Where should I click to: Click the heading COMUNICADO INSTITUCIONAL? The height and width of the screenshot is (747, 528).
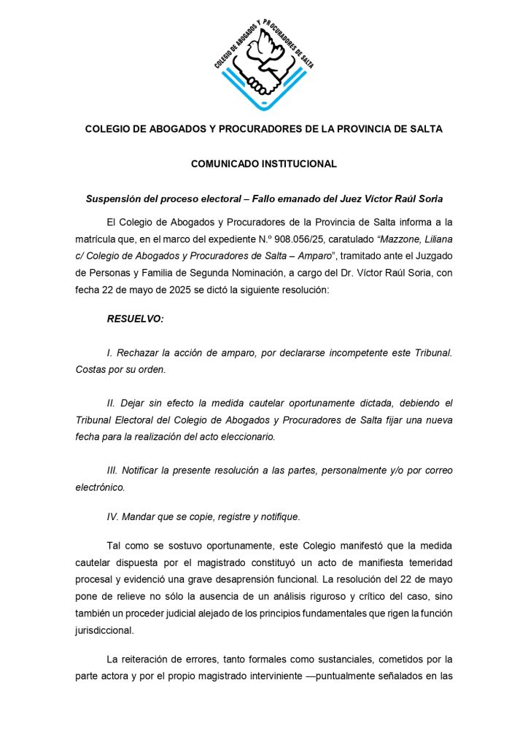[x=263, y=164]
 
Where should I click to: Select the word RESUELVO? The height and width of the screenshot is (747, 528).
[x=135, y=319]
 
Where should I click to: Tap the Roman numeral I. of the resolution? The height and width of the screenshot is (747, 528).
[x=109, y=352]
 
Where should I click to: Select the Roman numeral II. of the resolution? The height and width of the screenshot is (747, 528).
[x=112, y=403]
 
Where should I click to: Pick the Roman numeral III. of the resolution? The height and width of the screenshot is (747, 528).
[x=113, y=471]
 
